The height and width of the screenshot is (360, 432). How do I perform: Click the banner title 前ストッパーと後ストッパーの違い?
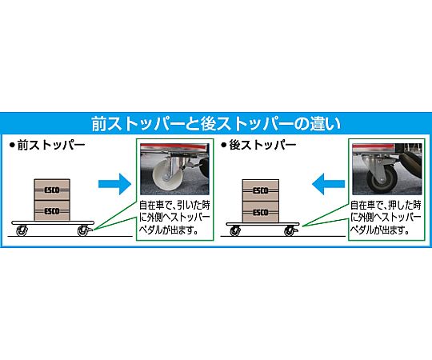pyautogui.click(x=216, y=124)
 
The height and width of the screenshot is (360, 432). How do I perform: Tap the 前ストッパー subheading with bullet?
pyautogui.click(x=47, y=145)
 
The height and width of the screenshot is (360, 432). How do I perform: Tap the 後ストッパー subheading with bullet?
pyautogui.click(x=258, y=145)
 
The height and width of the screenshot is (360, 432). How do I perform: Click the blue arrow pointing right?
pyautogui.click(x=114, y=184)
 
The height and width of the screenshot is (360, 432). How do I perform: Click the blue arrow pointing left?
pyautogui.click(x=329, y=184)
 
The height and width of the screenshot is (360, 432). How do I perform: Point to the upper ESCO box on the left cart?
pyautogui.click(x=52, y=190)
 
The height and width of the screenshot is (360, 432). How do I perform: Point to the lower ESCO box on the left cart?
pyautogui.click(x=52, y=210)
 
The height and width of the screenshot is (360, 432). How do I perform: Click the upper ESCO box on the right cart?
pyautogui.click(x=261, y=190)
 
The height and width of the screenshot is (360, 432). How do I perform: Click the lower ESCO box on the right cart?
pyautogui.click(x=261, y=212)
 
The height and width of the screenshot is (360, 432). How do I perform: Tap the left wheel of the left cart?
pyautogui.click(x=22, y=231)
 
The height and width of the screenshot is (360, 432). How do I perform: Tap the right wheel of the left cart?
pyautogui.click(x=82, y=231)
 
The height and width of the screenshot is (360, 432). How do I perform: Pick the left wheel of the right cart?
pyautogui.click(x=235, y=231)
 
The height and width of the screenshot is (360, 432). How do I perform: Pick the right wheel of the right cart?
pyautogui.click(x=290, y=231)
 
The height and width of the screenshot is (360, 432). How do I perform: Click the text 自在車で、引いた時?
pyautogui.click(x=174, y=206)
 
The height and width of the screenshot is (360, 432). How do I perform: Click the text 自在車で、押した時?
pyautogui.click(x=386, y=206)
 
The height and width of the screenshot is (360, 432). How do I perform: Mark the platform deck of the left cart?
pyautogui.click(x=53, y=223)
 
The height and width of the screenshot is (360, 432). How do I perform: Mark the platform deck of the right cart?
pyautogui.click(x=263, y=224)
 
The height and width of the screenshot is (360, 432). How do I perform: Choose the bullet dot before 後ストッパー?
pyautogui.click(x=224, y=145)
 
